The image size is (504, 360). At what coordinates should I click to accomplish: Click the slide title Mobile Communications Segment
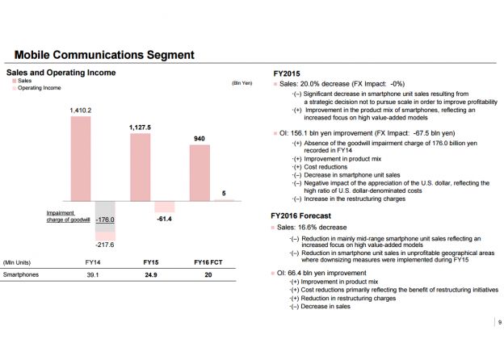[x=104, y=55]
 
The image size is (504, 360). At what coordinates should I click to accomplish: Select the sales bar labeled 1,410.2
[x=81, y=157]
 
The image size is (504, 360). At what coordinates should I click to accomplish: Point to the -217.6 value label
[x=105, y=244]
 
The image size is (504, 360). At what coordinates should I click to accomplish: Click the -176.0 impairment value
[x=105, y=219]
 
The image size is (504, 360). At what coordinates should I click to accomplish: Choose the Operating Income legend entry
[x=38, y=88]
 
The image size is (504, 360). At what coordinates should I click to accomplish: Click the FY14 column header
[x=94, y=263]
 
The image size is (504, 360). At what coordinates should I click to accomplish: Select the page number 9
[x=496, y=322]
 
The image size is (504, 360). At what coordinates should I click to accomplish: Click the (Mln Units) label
[x=17, y=263]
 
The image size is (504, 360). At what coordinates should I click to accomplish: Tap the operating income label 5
[x=224, y=193]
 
